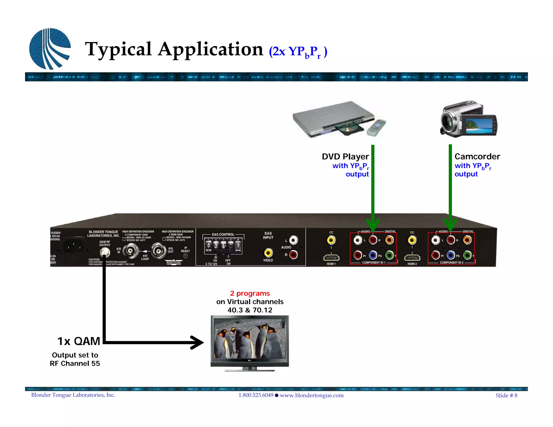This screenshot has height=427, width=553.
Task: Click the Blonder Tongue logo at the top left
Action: point(50,49)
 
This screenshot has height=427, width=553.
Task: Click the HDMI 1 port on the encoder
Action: point(331,258)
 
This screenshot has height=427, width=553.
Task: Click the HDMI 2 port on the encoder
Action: point(412,258)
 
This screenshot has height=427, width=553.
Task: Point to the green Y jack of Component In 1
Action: point(389,255)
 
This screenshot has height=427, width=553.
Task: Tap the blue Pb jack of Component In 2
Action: point(451,255)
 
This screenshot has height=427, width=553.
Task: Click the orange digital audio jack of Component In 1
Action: point(389,240)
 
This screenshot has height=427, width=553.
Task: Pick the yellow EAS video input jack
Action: point(268,253)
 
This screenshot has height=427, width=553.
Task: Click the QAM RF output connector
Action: point(104,253)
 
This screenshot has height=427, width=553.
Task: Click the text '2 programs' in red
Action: point(250,293)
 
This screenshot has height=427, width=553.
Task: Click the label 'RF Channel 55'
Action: point(75,364)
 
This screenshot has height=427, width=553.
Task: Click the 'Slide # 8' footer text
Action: point(506,395)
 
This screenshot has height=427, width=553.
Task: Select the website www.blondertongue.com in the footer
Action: point(312,395)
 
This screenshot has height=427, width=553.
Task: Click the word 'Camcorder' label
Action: point(477,157)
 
